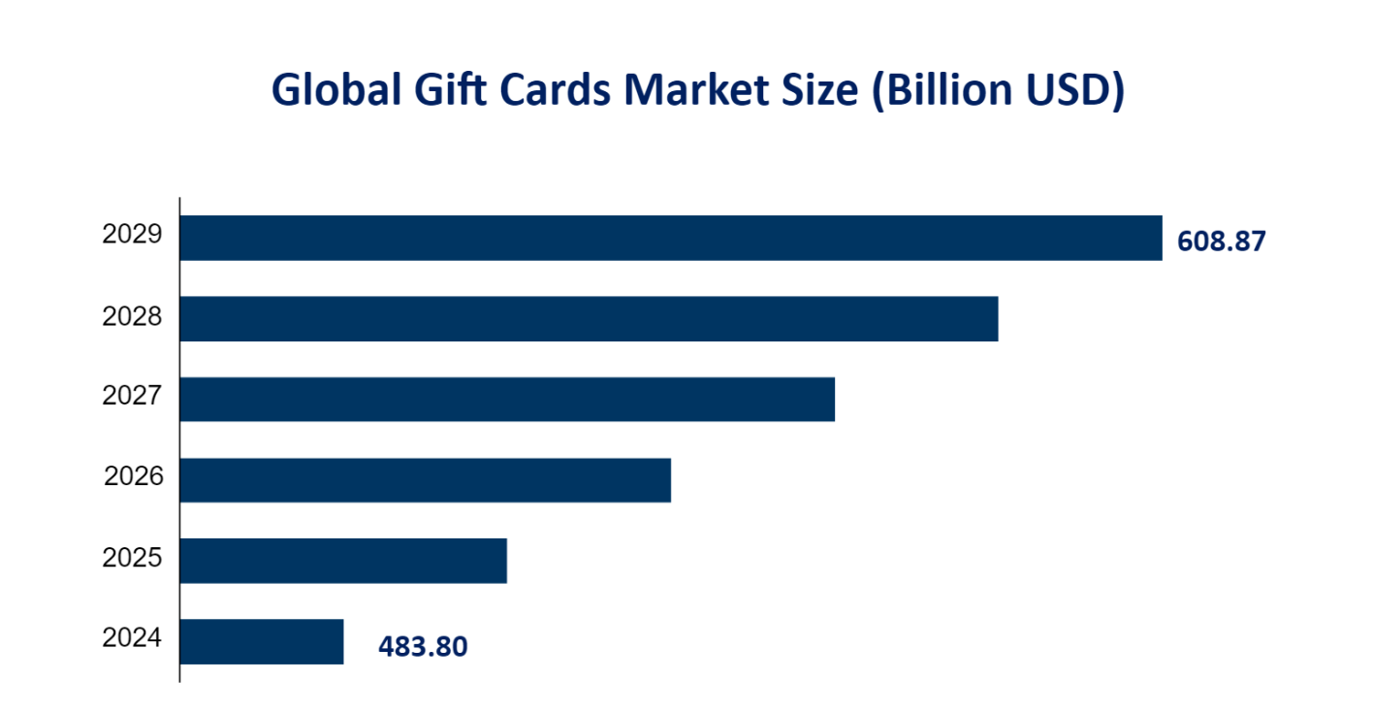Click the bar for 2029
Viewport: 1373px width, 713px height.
coord(671,238)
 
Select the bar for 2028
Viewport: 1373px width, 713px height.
coord(589,318)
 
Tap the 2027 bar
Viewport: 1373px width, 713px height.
coord(507,399)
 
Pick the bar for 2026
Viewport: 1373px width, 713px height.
coord(426,479)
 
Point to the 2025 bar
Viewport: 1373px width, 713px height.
coord(343,561)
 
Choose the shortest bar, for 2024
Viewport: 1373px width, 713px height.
coord(262,641)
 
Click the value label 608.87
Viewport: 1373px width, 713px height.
coord(1221,242)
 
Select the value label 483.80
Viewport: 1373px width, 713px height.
coord(423,646)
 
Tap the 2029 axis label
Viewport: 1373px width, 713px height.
coord(131,235)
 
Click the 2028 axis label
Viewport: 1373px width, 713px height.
coord(131,316)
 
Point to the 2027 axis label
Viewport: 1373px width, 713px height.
coord(131,397)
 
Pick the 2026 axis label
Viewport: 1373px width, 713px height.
coord(133,477)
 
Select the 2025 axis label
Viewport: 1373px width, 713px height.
coord(131,558)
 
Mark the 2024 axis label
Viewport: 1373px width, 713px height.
coord(131,638)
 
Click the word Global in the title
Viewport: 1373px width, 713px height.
coord(335,90)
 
